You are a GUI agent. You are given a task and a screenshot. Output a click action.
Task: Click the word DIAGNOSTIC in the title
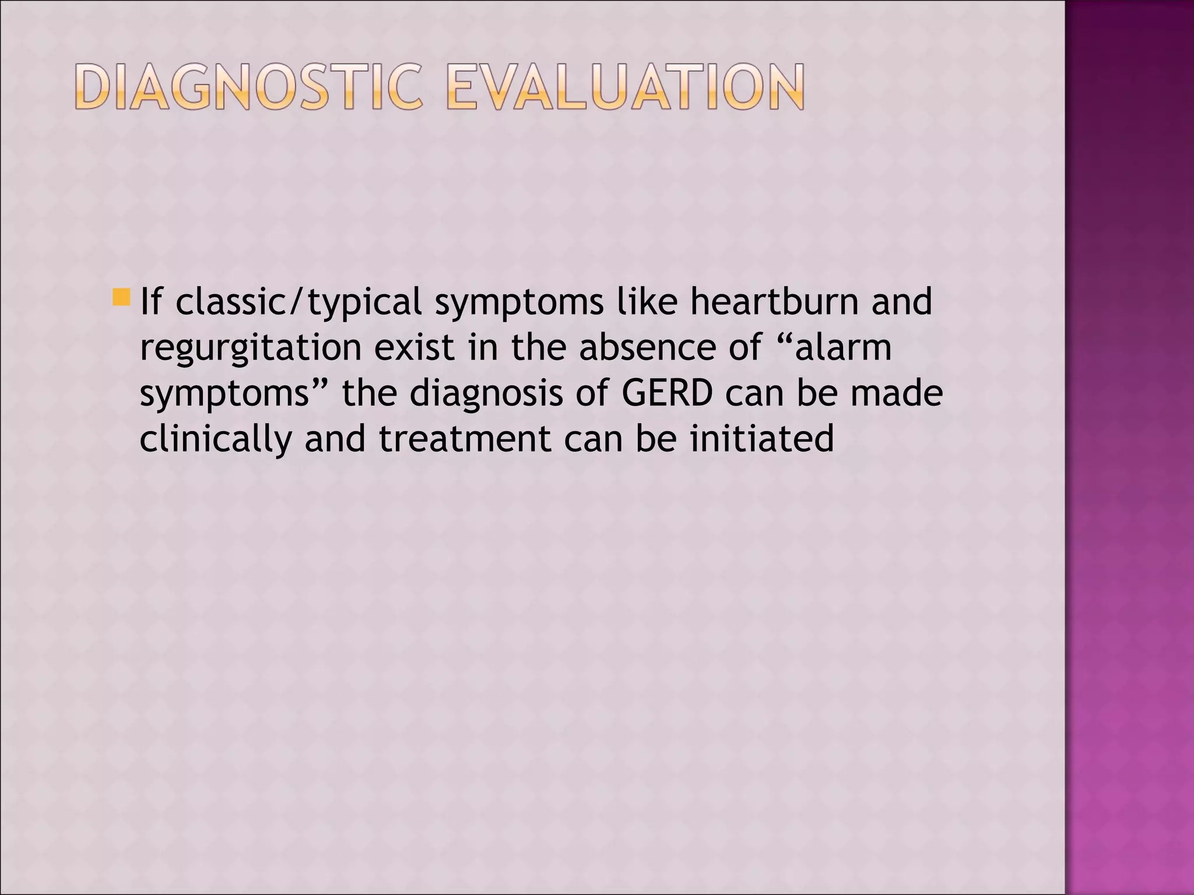pyautogui.click(x=248, y=87)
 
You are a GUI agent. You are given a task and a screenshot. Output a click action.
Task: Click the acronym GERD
pyautogui.click(x=667, y=393)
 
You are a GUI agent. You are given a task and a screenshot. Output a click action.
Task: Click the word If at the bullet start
pyautogui.click(x=150, y=302)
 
